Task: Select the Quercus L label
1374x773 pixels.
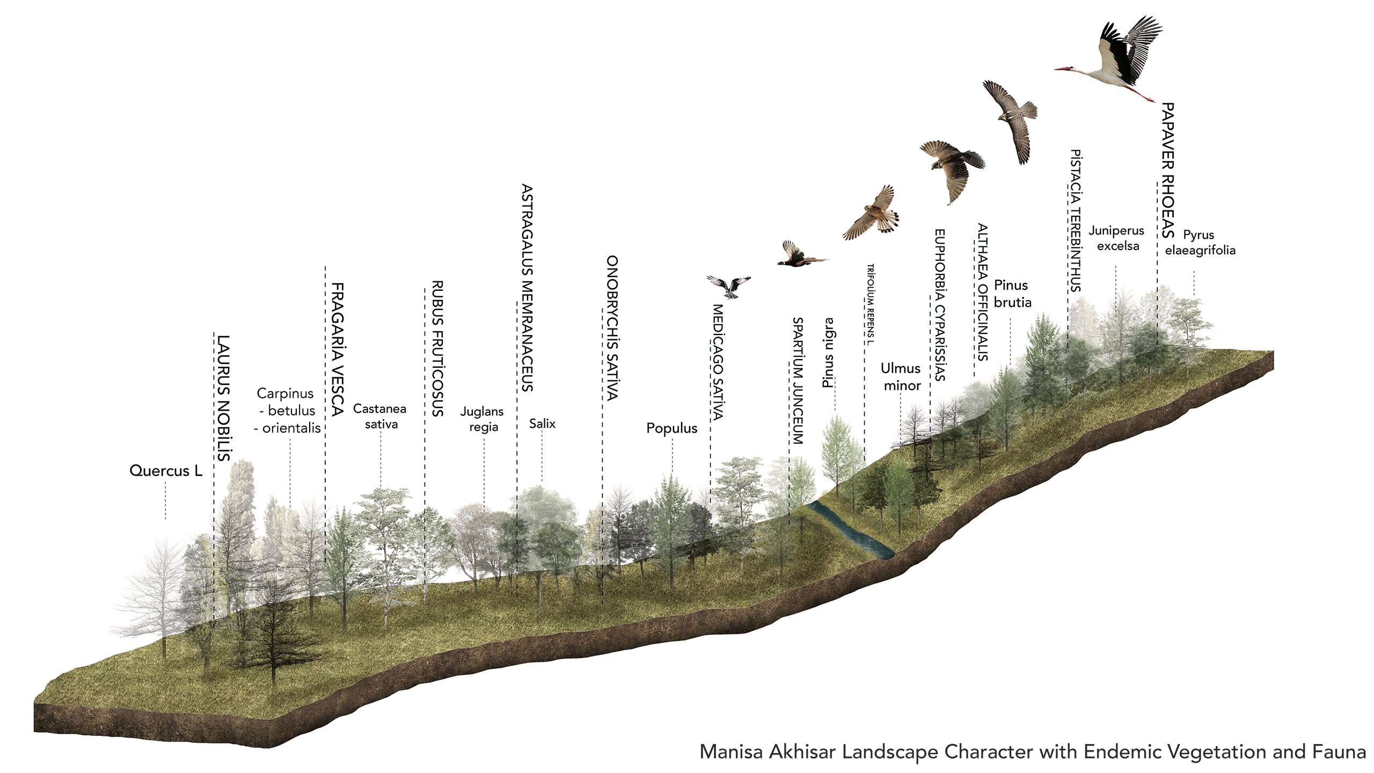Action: [166, 471]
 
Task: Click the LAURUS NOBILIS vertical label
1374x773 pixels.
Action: [223, 398]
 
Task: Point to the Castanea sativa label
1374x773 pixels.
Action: [380, 416]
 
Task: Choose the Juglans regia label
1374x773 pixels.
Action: [482, 419]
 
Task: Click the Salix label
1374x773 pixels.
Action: [542, 424]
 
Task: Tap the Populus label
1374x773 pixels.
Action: [671, 428]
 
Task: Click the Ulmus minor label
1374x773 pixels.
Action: [901, 377]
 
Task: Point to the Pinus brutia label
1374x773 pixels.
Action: [1012, 294]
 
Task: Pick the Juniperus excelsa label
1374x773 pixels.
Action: [1116, 238]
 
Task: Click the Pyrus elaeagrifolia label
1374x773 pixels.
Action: [1200, 242]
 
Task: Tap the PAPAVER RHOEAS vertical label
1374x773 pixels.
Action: [1168, 170]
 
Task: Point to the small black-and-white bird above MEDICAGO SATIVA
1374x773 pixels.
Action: [729, 286]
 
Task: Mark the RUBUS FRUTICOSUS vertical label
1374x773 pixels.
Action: [437, 348]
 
